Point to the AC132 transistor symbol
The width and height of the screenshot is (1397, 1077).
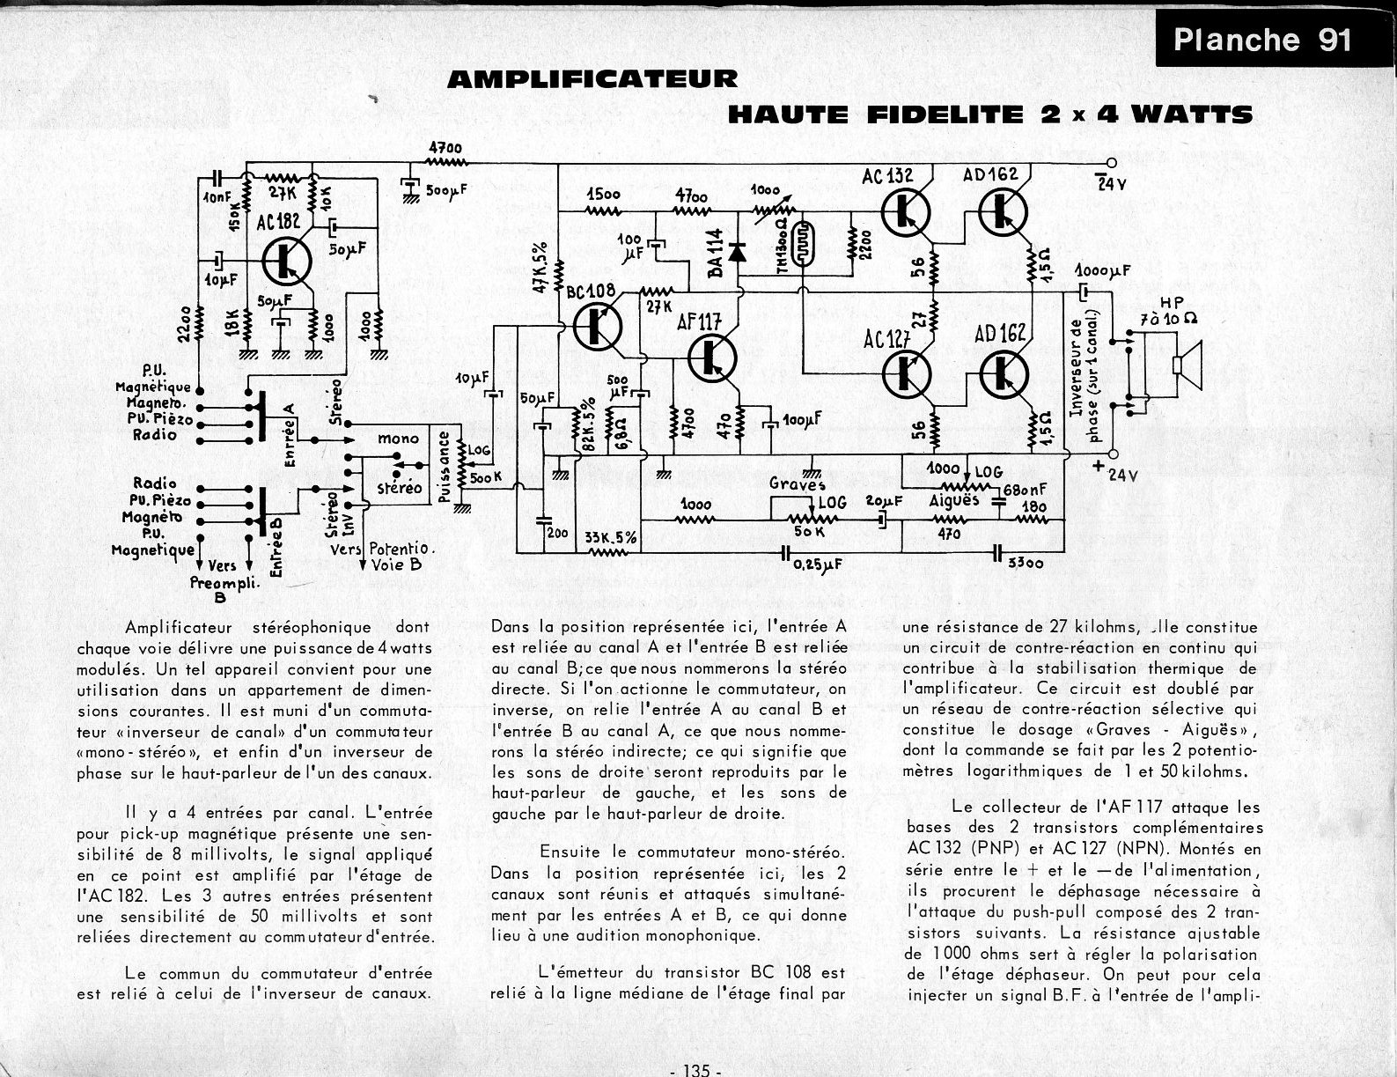tap(904, 213)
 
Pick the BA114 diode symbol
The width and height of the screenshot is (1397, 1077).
tap(738, 252)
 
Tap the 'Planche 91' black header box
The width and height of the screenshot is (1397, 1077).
tap(1262, 41)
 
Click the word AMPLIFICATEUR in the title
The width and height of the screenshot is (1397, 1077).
tap(592, 79)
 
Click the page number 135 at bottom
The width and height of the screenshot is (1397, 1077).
tap(695, 1070)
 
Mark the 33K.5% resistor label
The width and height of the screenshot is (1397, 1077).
tap(611, 537)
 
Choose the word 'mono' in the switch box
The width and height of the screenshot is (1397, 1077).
tap(398, 439)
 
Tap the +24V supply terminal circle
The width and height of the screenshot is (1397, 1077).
tap(1111, 455)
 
